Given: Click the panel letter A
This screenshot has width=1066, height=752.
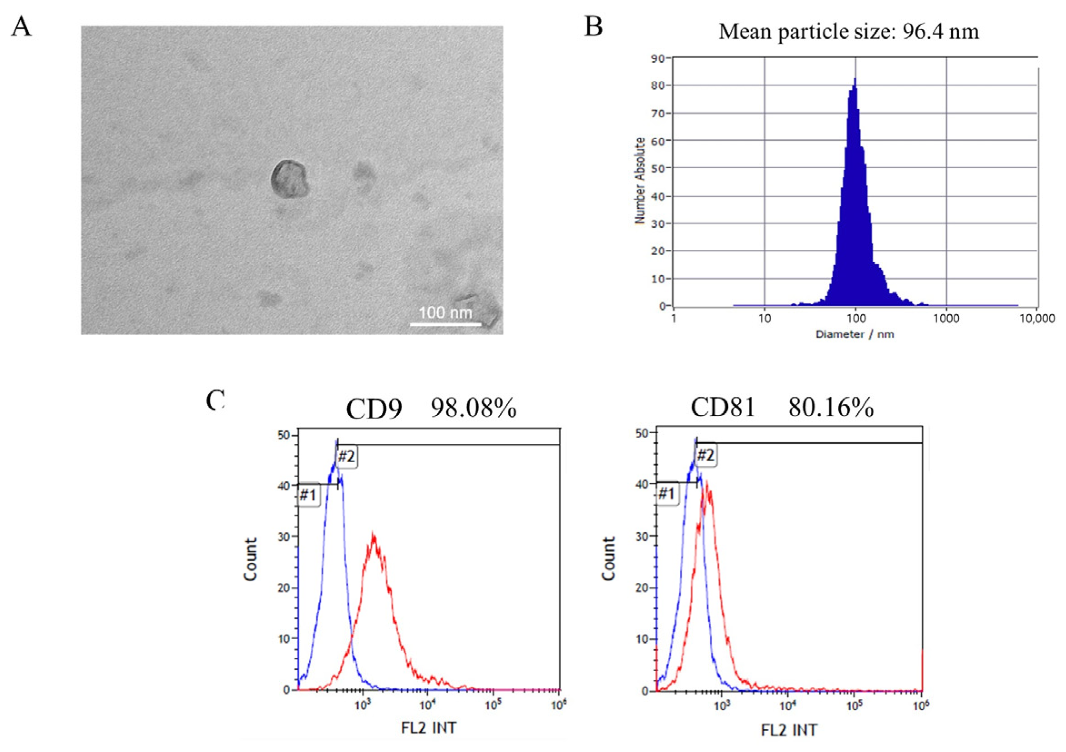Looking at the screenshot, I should [21, 27].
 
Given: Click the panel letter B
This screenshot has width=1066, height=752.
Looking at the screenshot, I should [593, 26].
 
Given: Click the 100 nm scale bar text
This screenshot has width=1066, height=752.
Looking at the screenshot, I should [445, 313].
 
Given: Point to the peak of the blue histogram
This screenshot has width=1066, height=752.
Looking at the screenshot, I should [855, 80].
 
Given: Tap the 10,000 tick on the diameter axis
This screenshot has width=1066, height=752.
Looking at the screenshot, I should [1037, 318].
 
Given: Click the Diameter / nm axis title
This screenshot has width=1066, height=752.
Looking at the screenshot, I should [854, 334].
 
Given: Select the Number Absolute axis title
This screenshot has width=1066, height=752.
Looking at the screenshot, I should [640, 181].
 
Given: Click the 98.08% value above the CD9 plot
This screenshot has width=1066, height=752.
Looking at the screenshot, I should [474, 409].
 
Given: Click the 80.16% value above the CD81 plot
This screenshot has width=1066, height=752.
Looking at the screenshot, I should [831, 408].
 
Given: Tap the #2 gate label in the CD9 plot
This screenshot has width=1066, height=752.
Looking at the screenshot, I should [346, 457].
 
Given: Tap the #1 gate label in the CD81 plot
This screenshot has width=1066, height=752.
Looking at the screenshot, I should [666, 494].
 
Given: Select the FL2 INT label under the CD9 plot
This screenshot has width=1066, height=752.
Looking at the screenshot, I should [429, 727].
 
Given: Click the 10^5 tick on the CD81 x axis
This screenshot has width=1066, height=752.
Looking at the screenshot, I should [854, 707].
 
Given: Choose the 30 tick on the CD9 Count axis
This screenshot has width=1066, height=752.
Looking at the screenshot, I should [287, 537].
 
